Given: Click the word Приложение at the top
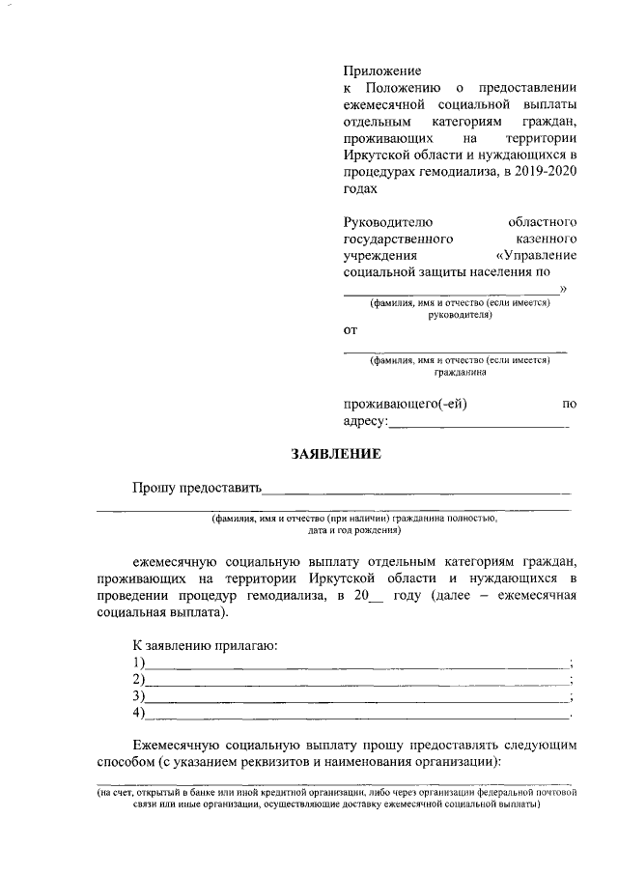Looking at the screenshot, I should (383, 70).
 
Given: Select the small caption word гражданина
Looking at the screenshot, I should (460, 373).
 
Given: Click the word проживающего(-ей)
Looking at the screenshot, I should (406, 404).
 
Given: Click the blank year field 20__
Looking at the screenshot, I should (371, 596).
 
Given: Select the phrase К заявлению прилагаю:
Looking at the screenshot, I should (205, 645).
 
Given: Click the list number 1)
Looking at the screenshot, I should (139, 663).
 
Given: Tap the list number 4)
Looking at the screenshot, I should (139, 714).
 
